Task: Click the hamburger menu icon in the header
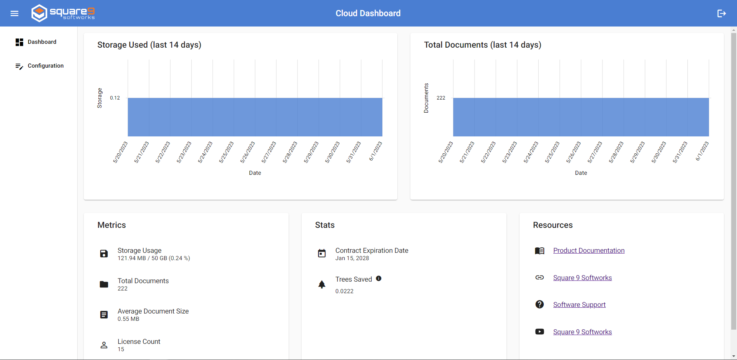tap(15, 13)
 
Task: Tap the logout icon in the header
tap(721, 13)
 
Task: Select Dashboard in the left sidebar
tap(42, 42)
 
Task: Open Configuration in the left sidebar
tap(45, 66)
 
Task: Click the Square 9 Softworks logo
tap(63, 13)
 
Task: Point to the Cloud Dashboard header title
tap(368, 13)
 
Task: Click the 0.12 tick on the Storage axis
tap(115, 98)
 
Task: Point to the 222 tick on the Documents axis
tap(441, 98)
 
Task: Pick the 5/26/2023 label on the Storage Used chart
tap(248, 152)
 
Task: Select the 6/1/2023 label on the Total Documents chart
tap(702, 151)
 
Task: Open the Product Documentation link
tap(589, 251)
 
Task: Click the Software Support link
tap(579, 305)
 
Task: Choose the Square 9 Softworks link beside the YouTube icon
tap(582, 332)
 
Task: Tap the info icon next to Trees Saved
tap(378, 279)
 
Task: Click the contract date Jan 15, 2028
tap(352, 258)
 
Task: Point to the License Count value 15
tap(121, 349)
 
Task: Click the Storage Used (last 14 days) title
tap(149, 45)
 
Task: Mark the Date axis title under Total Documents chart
tap(581, 173)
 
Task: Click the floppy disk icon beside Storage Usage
tap(104, 254)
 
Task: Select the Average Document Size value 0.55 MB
tap(128, 319)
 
